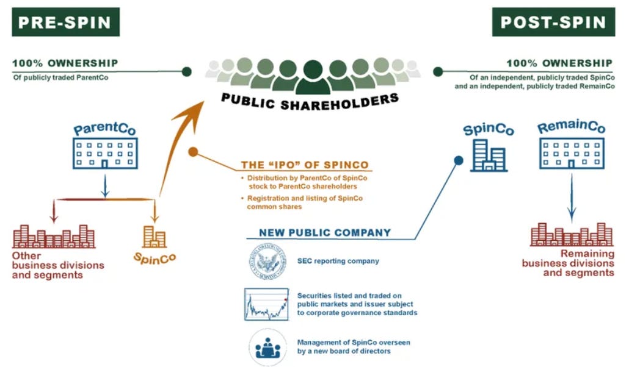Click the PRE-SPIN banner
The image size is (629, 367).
(64, 23)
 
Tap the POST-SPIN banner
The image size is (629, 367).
(554, 23)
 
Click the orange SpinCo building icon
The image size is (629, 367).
(155, 237)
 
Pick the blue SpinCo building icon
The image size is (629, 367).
(488, 155)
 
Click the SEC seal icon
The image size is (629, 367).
(267, 262)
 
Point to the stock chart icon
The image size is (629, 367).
(267, 304)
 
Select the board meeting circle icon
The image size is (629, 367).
(267, 347)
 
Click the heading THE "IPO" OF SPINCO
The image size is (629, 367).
(305, 165)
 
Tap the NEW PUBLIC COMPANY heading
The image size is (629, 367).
(325, 232)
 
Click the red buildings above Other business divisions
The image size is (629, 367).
(54, 237)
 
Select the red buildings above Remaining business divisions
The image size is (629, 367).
(572, 235)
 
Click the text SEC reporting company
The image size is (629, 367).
(338, 261)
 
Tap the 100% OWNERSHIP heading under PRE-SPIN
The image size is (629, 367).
(65, 63)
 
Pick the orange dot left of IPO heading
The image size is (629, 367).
(193, 152)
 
